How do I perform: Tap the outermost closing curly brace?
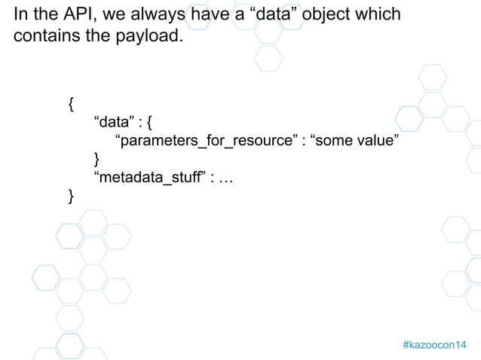click(x=71, y=197)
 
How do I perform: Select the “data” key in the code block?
click(x=112, y=123)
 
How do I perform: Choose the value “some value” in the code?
click(x=350, y=141)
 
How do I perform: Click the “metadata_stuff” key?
click(x=150, y=178)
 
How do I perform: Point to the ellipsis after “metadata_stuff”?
click(x=225, y=178)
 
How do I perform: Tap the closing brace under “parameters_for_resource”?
click(x=96, y=159)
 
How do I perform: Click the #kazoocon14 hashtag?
click(x=434, y=344)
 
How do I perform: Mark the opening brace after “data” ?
click(x=152, y=123)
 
